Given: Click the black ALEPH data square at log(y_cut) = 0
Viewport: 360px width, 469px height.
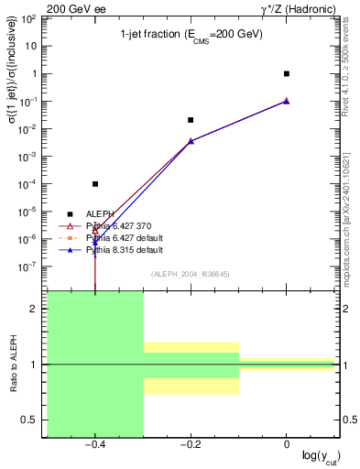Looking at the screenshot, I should click(x=287, y=73).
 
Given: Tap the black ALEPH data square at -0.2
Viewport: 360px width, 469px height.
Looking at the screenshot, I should click(x=191, y=120).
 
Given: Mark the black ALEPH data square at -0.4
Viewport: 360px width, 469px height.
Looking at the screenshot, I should click(x=95, y=184).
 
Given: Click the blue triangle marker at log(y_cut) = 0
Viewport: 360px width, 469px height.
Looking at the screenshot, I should click(x=287, y=101).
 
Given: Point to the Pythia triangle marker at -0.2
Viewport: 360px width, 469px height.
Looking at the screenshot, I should click(x=191, y=141).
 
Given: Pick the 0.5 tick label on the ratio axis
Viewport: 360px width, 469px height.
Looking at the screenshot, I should click(x=30, y=420).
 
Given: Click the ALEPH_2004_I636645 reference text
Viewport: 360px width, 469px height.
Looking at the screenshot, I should click(x=191, y=275).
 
